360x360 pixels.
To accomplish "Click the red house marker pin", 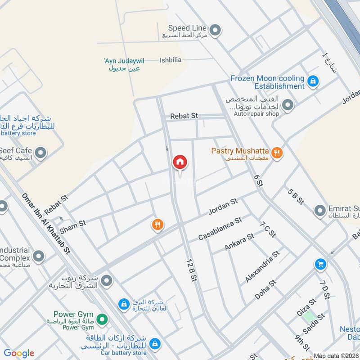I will point(180,162).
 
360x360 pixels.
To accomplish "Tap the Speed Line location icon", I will point(216,30).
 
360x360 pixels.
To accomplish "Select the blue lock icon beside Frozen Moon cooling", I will point(314,81).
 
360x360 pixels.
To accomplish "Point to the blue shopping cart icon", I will point(320,264).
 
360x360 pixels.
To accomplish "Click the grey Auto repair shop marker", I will point(288,105).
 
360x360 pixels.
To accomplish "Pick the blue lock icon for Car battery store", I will point(154,344).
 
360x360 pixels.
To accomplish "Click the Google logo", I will point(19,354).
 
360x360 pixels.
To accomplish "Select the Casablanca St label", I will point(220,229).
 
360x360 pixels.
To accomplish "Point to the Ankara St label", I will point(239,242).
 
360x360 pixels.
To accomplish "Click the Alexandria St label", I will point(262,266).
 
